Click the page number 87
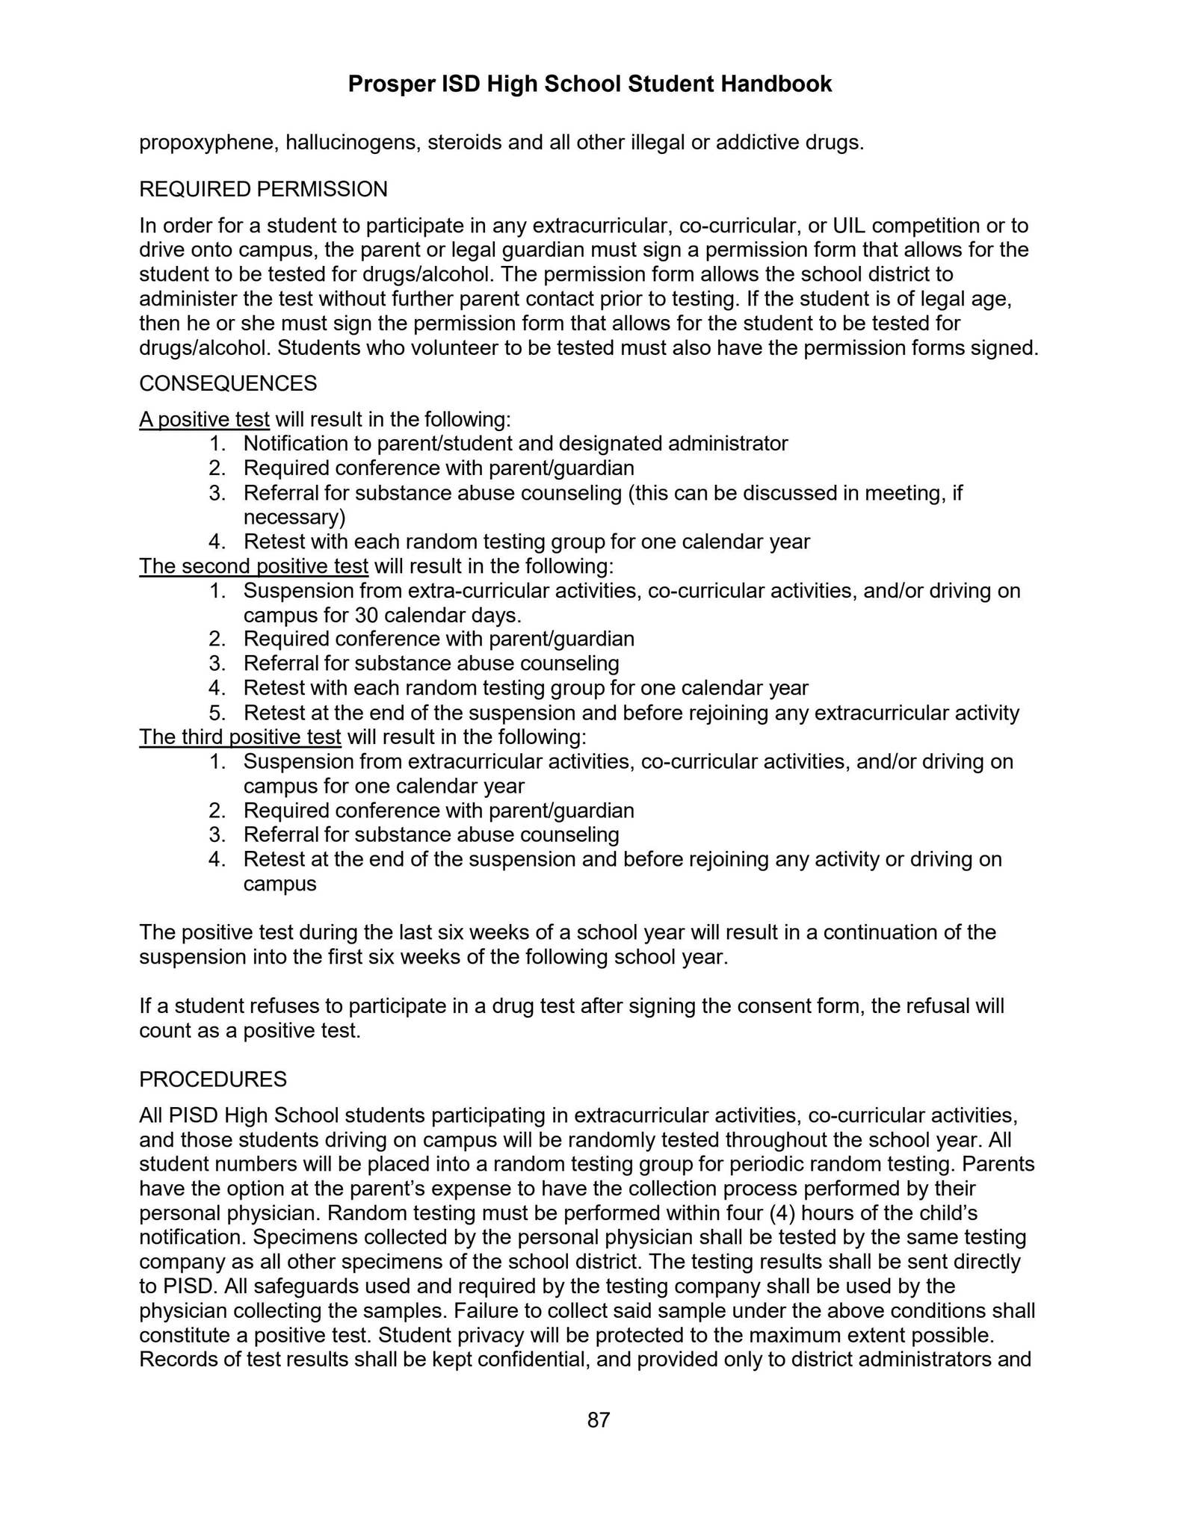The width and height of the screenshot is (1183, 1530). click(x=599, y=1419)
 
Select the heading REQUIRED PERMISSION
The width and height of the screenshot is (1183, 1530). click(x=263, y=189)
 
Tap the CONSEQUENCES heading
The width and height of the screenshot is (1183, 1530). click(x=228, y=383)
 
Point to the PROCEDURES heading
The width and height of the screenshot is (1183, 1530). click(x=212, y=1079)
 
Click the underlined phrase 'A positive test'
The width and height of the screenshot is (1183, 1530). click(x=204, y=419)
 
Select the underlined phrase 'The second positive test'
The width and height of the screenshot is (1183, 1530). click(x=253, y=566)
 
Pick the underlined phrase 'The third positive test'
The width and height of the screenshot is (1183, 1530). click(x=240, y=737)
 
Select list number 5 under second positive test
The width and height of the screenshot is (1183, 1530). click(x=217, y=713)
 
